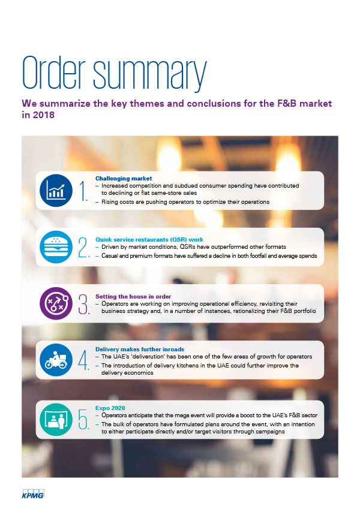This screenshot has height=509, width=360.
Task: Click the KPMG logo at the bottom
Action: coord(33,493)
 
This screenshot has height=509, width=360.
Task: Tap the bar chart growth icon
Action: coord(56,191)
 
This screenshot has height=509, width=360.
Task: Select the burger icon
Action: coord(56,247)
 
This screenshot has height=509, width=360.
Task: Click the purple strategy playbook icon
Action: coord(56,303)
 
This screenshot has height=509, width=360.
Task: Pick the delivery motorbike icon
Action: coord(56,360)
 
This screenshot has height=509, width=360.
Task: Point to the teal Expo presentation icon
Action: coord(56,420)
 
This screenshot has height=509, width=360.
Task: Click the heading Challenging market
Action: coord(124,179)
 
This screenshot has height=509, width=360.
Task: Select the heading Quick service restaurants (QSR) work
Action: coord(149,240)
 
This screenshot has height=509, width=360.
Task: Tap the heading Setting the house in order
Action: coord(133,296)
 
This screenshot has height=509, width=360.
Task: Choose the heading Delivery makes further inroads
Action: coord(140,350)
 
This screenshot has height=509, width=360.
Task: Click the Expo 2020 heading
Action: coord(110,408)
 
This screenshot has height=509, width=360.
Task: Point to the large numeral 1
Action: coord(83,191)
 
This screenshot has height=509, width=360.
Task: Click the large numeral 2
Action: coord(83,248)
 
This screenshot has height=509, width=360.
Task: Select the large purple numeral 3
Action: coord(83,304)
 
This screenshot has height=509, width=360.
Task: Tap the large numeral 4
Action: coord(83,360)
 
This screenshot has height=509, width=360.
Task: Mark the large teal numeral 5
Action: coord(83,420)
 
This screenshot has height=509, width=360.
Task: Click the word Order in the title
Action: coord(54,73)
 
